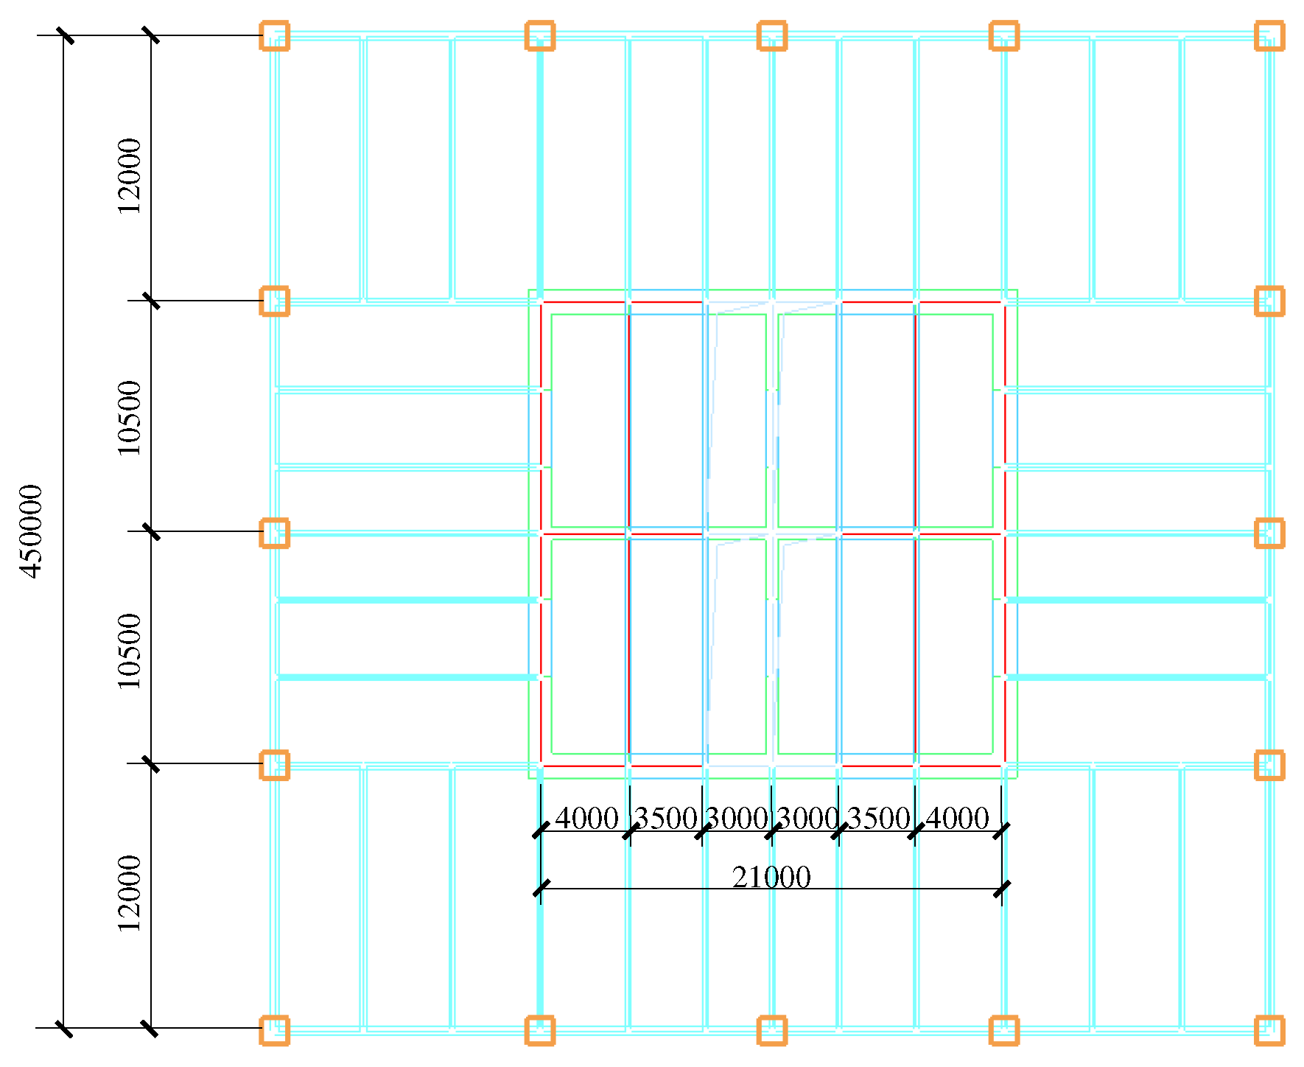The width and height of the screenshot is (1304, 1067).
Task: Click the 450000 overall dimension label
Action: [32, 531]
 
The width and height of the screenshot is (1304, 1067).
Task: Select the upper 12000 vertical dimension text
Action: [130, 175]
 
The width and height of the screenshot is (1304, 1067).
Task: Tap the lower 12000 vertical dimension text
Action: [130, 893]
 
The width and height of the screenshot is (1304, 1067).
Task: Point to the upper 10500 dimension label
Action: [130, 417]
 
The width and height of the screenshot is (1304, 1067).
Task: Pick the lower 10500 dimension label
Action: [130, 650]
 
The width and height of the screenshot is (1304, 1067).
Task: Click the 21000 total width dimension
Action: [771, 877]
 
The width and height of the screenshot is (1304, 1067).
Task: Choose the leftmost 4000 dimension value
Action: [586, 819]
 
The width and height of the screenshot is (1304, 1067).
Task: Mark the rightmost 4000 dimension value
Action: [957, 819]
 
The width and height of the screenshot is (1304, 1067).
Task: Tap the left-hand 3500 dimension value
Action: [665, 819]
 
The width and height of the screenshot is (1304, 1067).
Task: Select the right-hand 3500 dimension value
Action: [879, 819]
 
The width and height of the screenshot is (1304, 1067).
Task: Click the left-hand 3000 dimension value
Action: [737, 819]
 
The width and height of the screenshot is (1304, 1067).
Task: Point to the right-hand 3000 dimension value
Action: [808, 819]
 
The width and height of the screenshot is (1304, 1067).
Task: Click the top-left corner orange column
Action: [274, 35]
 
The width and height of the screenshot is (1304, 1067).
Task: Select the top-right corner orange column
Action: [1269, 35]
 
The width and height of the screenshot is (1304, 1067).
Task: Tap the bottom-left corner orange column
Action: [274, 1030]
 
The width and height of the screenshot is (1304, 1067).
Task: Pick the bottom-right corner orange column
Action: [1269, 1030]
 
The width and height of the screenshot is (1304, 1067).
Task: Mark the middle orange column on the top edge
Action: [771, 35]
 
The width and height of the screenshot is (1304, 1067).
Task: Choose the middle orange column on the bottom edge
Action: [771, 1030]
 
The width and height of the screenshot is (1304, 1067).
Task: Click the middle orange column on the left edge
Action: [274, 533]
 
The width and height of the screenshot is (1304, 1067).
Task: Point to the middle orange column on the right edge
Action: [1269, 533]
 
